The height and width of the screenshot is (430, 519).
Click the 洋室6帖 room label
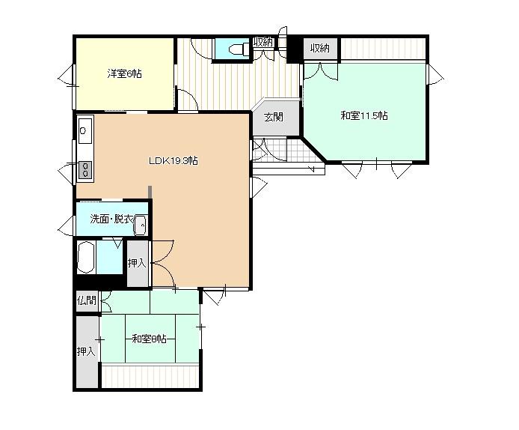124,73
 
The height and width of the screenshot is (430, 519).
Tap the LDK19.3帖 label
173,161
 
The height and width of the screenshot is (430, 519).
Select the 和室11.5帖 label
364,115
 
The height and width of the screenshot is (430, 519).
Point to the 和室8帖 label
149,339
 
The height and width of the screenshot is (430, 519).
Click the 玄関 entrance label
274,117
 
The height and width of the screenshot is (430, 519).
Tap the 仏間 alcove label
87,300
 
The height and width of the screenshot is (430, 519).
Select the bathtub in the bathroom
86,257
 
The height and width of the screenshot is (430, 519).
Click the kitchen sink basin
85,130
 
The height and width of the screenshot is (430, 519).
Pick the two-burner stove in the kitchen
85,169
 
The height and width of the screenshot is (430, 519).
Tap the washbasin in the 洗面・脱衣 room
141,225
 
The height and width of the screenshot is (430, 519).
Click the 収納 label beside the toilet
263,42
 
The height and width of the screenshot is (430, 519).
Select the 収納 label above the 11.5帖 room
320,49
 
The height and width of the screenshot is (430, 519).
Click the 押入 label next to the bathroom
137,263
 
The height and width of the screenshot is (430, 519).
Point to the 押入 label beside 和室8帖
86,351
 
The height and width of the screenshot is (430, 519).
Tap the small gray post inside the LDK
150,193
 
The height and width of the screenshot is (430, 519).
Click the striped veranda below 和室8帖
150,376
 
